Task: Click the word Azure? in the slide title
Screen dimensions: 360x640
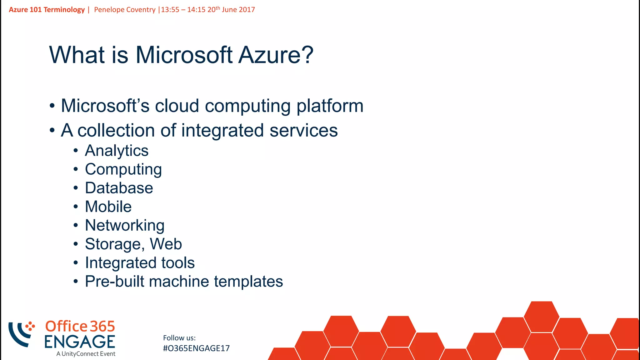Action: (276, 55)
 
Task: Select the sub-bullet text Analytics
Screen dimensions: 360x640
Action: (117, 151)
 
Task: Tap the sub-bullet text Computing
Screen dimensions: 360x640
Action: (123, 170)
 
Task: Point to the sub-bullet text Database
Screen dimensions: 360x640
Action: (119, 188)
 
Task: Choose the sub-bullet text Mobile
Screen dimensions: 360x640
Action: (108, 207)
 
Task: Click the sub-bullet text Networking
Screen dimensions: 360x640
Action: (125, 225)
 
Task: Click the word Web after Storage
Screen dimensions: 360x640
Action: (166, 244)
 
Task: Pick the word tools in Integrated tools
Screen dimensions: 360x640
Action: (178, 263)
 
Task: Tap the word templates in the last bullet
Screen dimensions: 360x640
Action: (248, 282)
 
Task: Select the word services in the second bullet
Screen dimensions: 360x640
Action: (303, 130)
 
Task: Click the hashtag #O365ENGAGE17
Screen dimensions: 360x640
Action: (196, 348)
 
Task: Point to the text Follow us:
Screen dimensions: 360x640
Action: (179, 338)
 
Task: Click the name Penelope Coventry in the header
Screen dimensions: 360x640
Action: (125, 10)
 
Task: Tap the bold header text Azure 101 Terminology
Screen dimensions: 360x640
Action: (47, 10)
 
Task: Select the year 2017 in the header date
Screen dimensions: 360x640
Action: (247, 10)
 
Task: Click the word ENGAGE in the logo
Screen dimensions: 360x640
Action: (80, 342)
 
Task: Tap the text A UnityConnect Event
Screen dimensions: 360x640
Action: (86, 354)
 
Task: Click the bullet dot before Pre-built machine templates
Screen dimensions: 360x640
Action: (76, 282)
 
